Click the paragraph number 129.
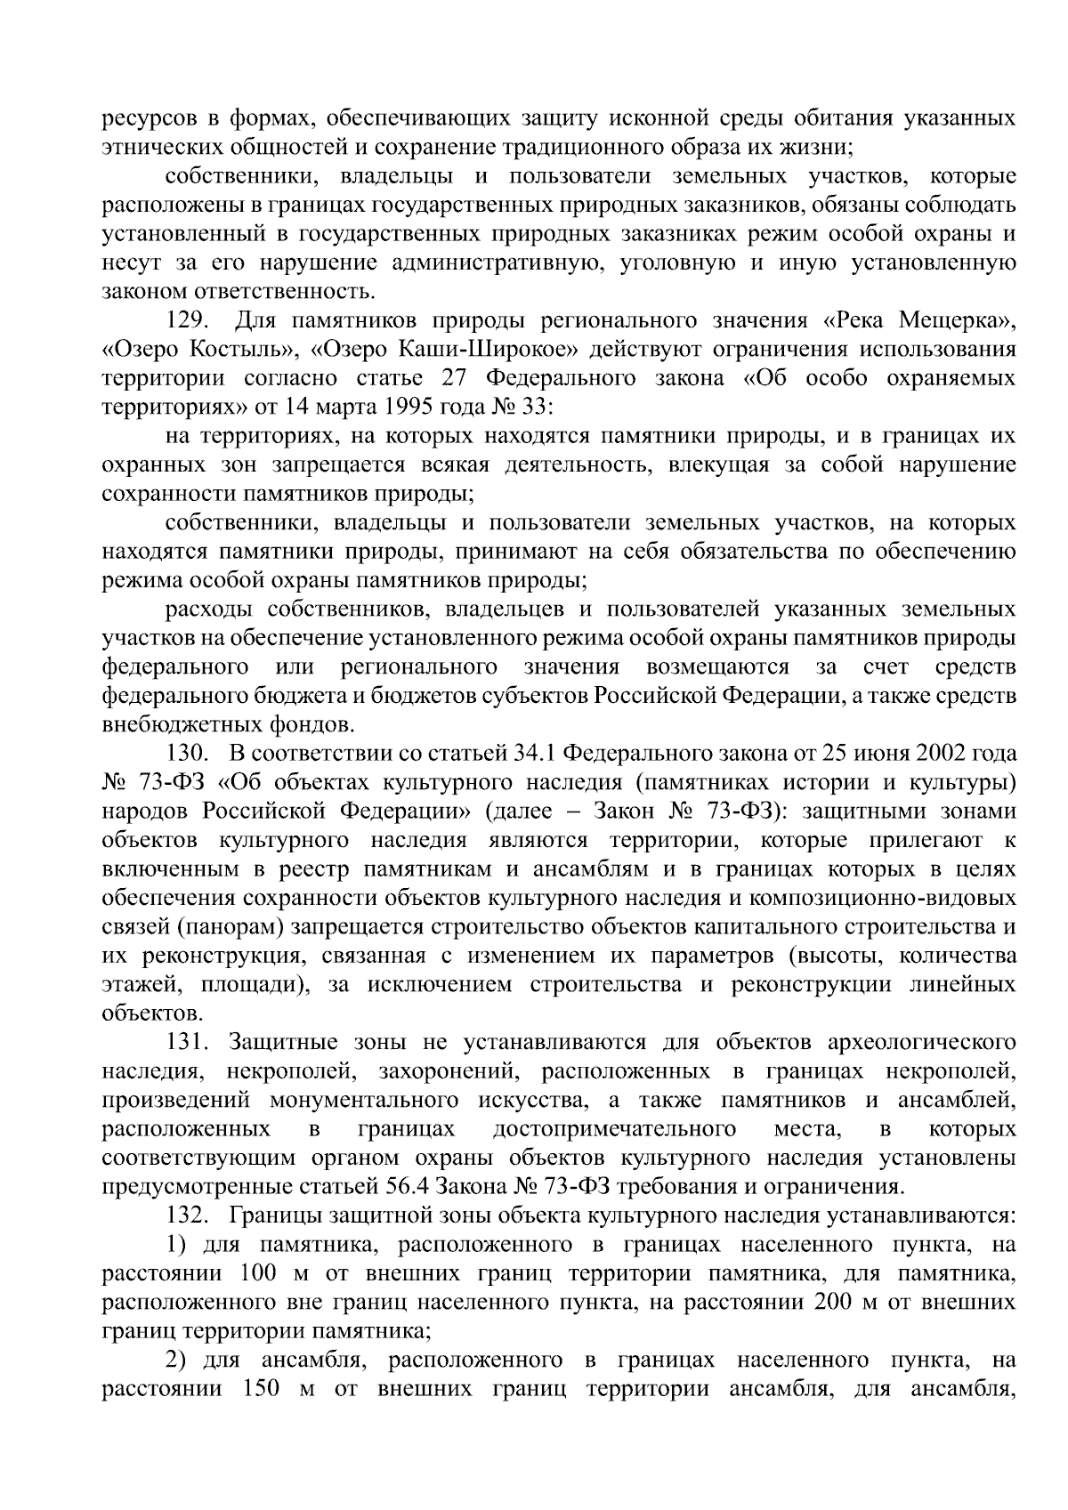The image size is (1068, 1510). point(187,320)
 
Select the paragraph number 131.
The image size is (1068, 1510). point(187,1043)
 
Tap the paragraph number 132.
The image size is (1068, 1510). point(187,1215)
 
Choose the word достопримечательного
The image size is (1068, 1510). point(614,1130)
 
